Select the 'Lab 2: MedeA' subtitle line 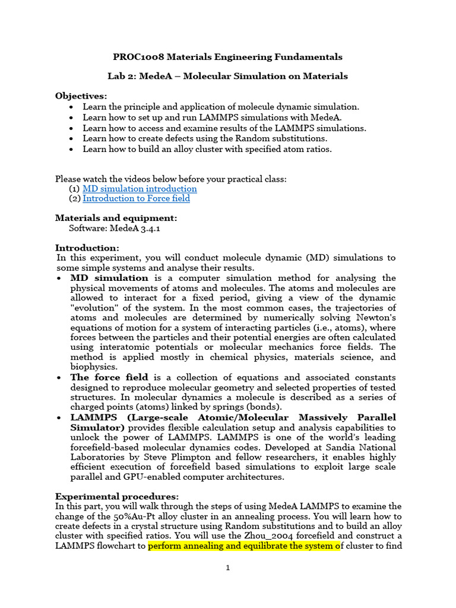[227, 77]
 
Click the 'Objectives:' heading [81, 96]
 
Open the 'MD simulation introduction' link [140, 189]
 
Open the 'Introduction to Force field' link [137, 199]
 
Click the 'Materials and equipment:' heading [116, 218]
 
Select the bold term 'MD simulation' [109, 278]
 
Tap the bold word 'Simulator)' [97, 427]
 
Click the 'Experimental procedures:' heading [117, 496]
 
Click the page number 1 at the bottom [227, 568]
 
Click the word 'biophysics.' [93, 368]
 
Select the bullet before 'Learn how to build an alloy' [72, 150]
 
